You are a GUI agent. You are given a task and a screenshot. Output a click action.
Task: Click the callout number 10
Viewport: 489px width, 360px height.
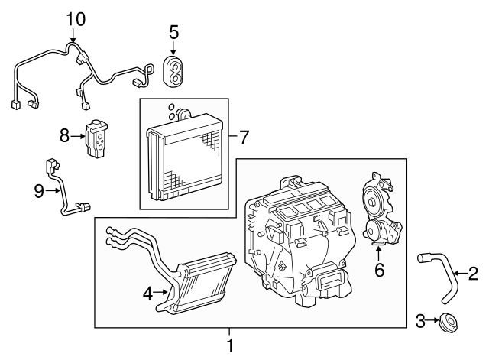tap(74, 18)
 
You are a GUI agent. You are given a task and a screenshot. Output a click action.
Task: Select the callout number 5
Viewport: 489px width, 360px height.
tap(174, 32)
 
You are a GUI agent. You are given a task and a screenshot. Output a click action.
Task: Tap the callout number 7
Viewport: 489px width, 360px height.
tap(244, 138)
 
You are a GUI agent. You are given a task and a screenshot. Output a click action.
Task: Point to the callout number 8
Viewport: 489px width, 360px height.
tap(65, 136)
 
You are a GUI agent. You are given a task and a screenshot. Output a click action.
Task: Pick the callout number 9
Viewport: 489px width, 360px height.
tap(39, 191)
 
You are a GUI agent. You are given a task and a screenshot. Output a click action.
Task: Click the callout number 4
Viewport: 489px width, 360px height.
tap(148, 291)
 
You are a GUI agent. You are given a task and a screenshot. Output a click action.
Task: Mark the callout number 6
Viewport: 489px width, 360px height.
tap(377, 270)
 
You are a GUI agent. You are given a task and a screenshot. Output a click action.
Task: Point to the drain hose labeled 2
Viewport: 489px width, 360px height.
tap(438, 274)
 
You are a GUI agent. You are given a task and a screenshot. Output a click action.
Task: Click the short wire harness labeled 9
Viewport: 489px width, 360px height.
tap(66, 191)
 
